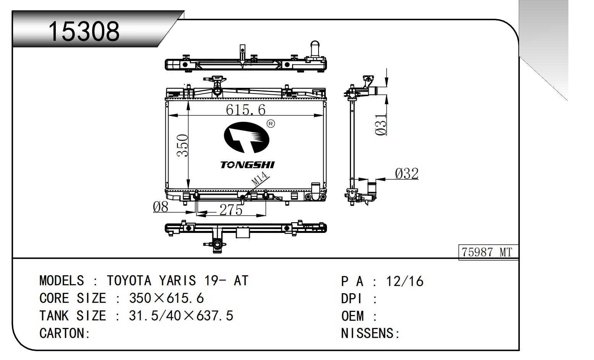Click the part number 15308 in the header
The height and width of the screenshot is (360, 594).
pos(84,31)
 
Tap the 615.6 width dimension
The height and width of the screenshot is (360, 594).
pos(245,110)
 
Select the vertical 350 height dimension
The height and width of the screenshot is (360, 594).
pos(183,145)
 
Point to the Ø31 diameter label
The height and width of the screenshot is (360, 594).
pos(381,125)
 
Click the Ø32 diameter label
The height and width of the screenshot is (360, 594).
pos(407,174)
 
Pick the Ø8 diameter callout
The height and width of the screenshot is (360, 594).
pos(160,207)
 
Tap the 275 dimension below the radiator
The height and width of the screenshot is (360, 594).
pos(231,210)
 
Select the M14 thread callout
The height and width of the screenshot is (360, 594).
pos(260,179)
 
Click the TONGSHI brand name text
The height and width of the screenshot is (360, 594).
pos(247,165)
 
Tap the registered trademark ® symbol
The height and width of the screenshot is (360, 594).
pos(270,124)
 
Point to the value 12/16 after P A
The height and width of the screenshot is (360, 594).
pos(405,282)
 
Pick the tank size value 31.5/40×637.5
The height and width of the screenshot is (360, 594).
pos(181,316)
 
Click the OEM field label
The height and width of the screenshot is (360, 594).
pos(353,316)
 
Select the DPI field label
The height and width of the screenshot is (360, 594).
pos(351,299)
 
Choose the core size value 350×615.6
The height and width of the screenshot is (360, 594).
pos(167,298)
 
